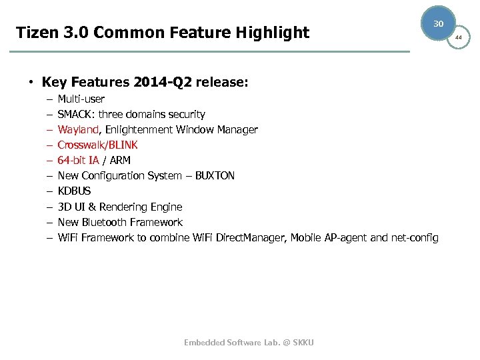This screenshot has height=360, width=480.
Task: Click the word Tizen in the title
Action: point(36,33)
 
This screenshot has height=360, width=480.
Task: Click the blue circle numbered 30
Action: point(438,23)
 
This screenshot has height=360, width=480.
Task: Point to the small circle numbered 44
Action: point(458,38)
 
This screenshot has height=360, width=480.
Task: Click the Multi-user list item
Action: point(81,99)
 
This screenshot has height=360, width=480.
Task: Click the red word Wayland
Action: point(78,129)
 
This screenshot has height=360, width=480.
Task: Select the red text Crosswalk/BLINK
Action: point(97,145)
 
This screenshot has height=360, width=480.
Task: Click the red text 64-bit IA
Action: point(78,160)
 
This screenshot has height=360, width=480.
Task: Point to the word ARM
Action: point(120,160)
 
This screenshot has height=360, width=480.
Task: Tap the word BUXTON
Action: point(215,175)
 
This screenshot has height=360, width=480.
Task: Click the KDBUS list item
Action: point(74,191)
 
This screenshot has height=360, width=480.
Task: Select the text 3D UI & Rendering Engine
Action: point(119,207)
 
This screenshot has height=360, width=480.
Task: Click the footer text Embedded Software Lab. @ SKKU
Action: point(249,342)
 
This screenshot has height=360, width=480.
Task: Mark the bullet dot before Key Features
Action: point(31,83)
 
